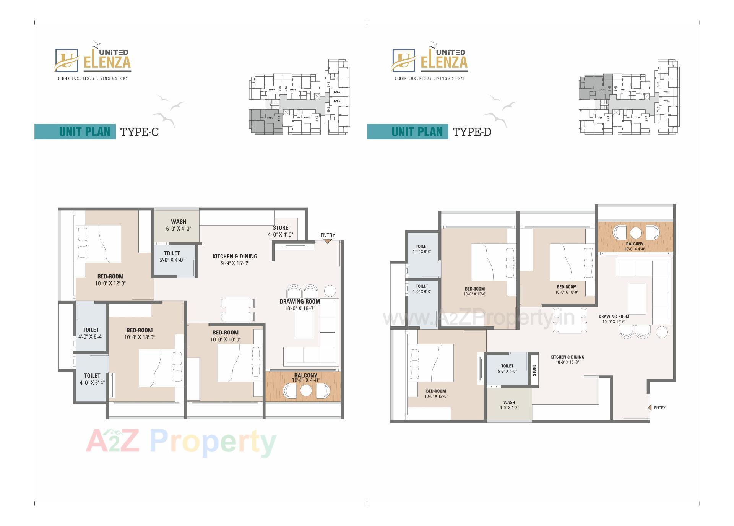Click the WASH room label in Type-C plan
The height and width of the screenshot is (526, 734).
tap(179, 222)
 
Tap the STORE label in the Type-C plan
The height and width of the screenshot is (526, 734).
tap(280, 228)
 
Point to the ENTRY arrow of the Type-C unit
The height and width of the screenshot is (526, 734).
tap(328, 241)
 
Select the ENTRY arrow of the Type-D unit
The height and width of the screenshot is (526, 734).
tap(650, 408)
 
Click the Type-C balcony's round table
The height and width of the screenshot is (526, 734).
tap(306, 391)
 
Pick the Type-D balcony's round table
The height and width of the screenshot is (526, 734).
tap(635, 232)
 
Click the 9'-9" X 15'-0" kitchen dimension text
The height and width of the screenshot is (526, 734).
tap(235, 263)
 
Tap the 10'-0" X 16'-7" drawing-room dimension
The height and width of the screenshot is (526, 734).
tap(300, 308)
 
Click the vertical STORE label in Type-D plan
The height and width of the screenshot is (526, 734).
tap(534, 370)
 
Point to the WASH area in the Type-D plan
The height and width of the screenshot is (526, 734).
tap(509, 405)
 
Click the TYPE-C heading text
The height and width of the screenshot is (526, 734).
tap(139, 132)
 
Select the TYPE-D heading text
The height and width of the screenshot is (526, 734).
tap(472, 132)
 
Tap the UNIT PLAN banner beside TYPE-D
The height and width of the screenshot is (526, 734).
tap(417, 132)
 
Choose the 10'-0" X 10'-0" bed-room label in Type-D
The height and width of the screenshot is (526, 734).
tap(567, 290)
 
